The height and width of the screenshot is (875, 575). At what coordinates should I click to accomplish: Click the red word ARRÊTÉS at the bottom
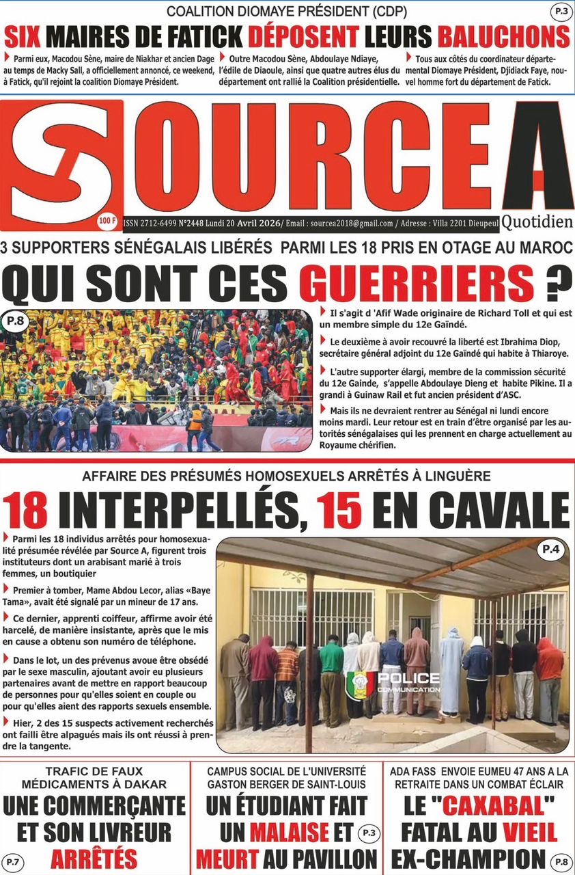tap(94, 857)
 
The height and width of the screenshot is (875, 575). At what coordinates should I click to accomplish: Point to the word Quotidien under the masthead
tap(537, 221)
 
